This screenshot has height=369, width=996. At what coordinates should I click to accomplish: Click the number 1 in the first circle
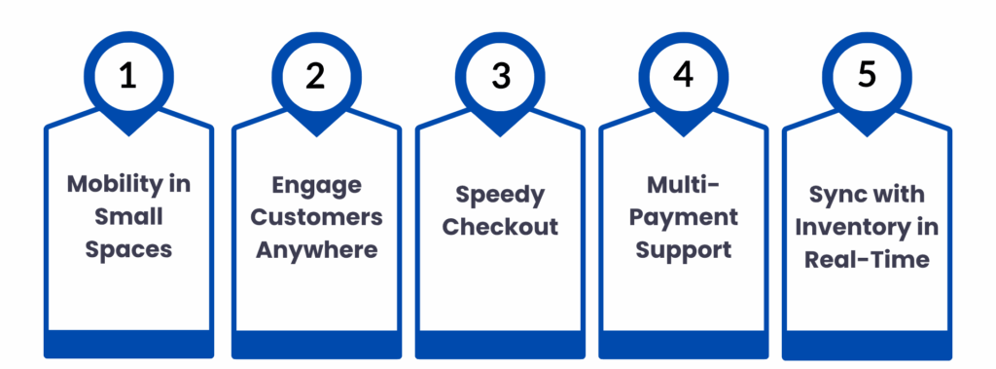coord(129,76)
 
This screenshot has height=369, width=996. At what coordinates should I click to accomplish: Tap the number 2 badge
coord(315,76)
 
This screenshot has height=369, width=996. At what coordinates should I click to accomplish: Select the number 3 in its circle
coord(500,76)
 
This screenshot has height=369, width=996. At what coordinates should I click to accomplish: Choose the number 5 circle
coord(868,76)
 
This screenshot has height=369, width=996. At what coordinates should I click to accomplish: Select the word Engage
coord(315,184)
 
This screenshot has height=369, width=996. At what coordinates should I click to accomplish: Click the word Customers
coord(315,217)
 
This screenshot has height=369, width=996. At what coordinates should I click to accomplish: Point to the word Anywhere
coord(315,249)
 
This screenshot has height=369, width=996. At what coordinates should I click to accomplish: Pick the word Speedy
coord(500,194)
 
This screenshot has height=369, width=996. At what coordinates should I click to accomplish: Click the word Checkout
coord(500,227)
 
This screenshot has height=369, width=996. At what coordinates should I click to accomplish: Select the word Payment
coord(682,216)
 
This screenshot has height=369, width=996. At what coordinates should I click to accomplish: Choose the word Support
coord(682,249)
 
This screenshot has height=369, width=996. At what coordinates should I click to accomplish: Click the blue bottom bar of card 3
coord(500,343)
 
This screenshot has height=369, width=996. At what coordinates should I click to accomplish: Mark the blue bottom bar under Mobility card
coord(129,343)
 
